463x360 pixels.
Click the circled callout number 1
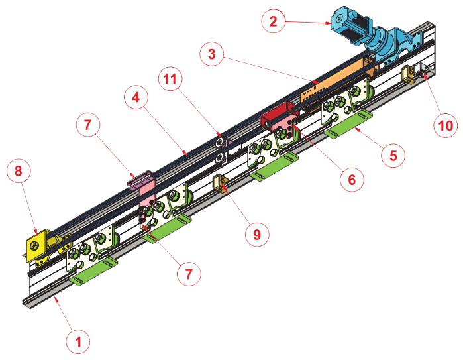coord(78,341)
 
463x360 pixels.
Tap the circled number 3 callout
coord(211,54)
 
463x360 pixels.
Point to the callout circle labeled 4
coord(135,99)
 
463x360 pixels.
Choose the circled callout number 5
coord(394,154)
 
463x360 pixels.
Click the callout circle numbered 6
coord(352,178)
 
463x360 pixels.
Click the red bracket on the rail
coord(278,118)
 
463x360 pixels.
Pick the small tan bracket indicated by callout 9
coord(220,182)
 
